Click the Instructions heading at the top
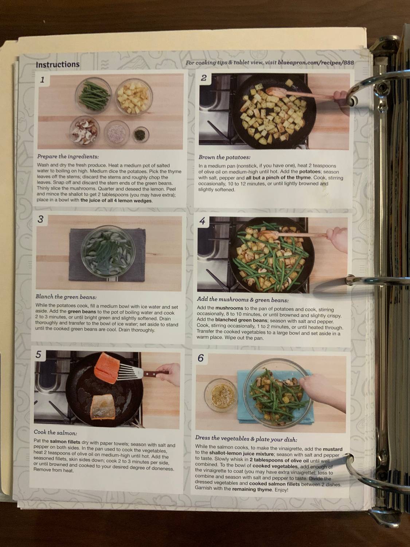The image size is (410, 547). point(58,65)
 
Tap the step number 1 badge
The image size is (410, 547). point(43,80)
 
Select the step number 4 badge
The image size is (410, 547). point(203,221)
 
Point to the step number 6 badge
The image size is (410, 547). point(201,358)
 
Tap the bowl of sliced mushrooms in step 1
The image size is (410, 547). point(84,129)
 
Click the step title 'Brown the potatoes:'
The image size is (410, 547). point(224,157)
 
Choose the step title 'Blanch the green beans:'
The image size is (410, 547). point(66,297)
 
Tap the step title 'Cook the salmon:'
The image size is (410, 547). point(55,432)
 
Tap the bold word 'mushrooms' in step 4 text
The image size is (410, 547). point(229,308)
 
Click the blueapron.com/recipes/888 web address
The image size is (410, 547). point(316,63)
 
